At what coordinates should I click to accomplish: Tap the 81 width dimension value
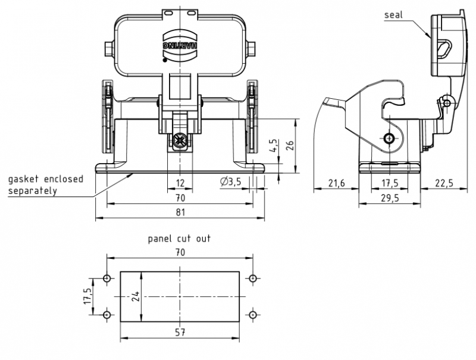(x=180, y=212)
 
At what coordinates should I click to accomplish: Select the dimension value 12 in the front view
(x=180, y=183)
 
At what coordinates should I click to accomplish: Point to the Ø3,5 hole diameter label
(x=230, y=182)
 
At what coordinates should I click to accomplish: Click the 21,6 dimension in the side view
(x=336, y=183)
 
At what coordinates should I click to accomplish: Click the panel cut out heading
(x=179, y=239)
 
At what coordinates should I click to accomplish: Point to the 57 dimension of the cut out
(x=180, y=332)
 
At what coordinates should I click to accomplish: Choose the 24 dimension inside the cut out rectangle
(x=135, y=296)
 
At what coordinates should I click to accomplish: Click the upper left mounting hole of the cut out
(x=107, y=278)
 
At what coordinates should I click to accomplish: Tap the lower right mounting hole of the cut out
(x=253, y=314)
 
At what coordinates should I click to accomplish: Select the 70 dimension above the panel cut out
(x=180, y=252)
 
